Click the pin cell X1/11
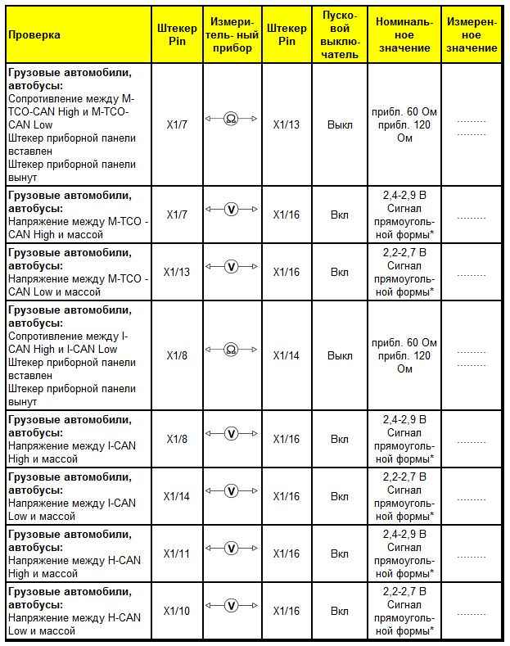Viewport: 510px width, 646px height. tap(177, 554)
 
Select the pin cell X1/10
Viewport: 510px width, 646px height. tap(177, 612)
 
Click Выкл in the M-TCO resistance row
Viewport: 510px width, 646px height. tap(339, 124)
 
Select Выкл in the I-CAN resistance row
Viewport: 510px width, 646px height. tap(339, 355)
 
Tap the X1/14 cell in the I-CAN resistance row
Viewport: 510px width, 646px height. tap(286, 355)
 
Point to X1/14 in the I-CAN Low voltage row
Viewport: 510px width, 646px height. tap(177, 496)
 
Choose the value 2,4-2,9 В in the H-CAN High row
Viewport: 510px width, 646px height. tap(404, 533)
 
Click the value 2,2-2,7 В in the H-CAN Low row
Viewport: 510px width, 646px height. tap(404, 590)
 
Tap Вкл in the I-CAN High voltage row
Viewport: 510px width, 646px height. tap(339, 439)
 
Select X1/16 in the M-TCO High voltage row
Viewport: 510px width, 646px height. tap(286, 215)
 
